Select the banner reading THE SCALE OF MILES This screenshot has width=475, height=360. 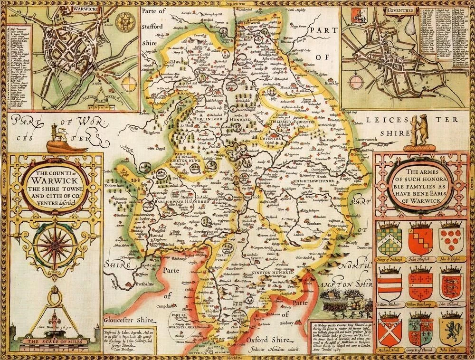tap(51, 341)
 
